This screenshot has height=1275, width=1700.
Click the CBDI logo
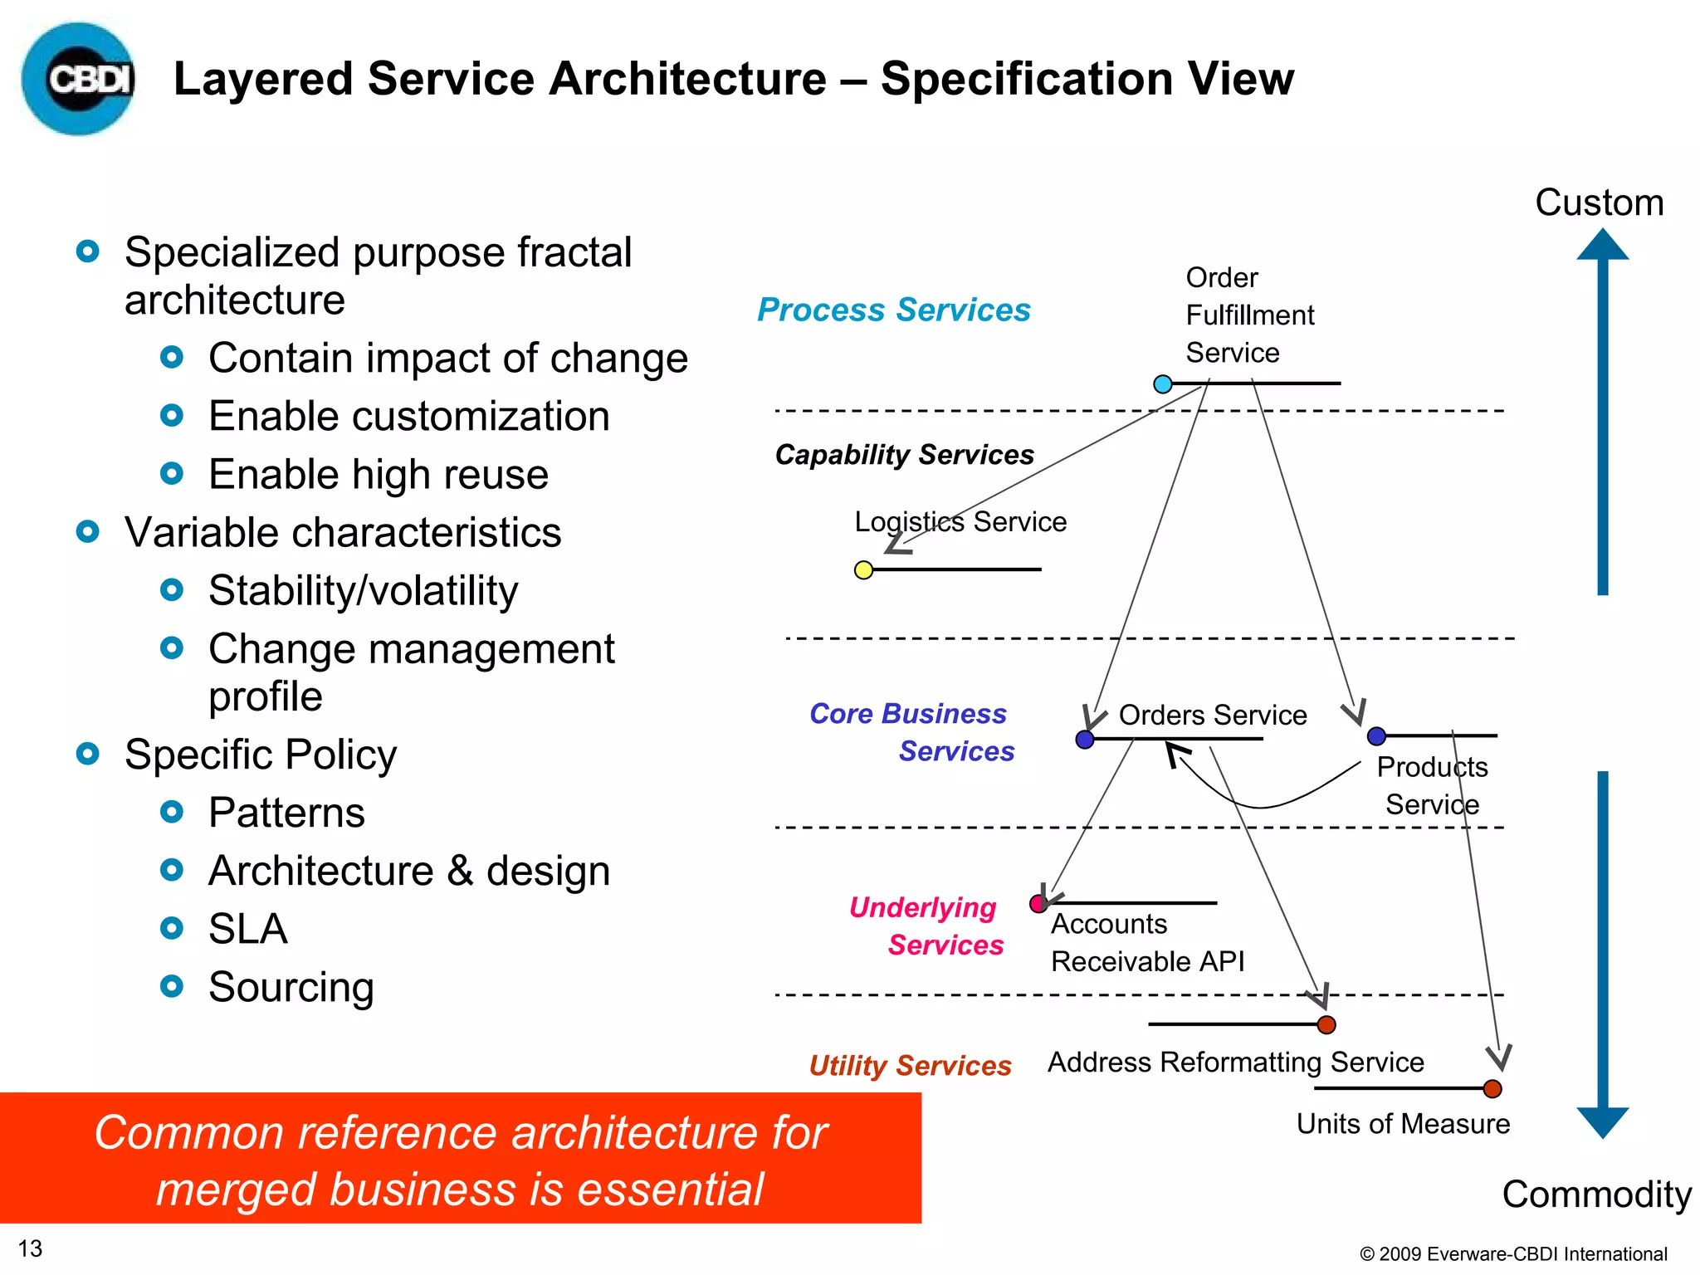(x=79, y=79)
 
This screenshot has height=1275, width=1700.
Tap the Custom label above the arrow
(x=1599, y=203)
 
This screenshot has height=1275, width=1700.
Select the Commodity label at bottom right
(x=1596, y=1194)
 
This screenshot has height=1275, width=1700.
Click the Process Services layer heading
(x=893, y=310)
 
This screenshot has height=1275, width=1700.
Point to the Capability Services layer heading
(x=904, y=455)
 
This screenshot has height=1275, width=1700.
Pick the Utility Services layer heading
(x=910, y=1065)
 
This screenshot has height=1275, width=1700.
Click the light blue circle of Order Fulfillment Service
(x=1163, y=383)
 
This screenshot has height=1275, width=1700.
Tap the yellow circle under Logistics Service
(x=863, y=570)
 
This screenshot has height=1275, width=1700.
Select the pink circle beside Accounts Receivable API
(x=1038, y=904)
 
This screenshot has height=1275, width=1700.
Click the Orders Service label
(x=1212, y=715)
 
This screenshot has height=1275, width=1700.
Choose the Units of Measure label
(x=1403, y=1124)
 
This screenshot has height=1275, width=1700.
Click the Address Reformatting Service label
(x=1235, y=1062)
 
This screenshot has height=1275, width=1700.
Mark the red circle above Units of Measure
(x=1492, y=1089)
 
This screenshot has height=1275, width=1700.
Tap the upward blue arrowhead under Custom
(x=1602, y=245)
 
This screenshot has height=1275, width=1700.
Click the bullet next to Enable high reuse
(x=172, y=474)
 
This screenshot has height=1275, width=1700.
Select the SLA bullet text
(x=247, y=929)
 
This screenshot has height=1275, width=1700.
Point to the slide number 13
(x=30, y=1248)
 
